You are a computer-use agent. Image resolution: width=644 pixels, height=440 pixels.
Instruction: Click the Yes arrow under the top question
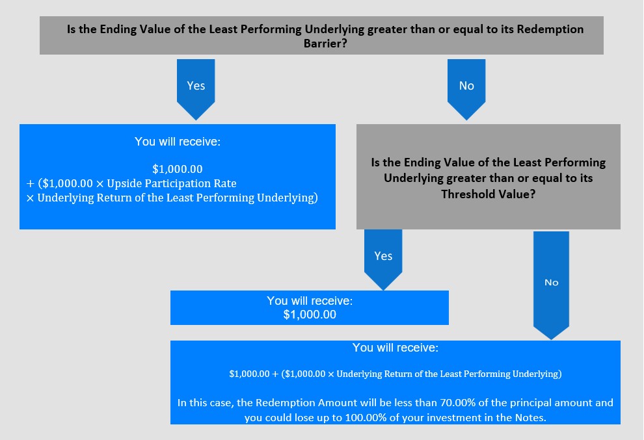(196, 89)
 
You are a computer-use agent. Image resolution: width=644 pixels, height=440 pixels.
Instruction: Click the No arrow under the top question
(466, 89)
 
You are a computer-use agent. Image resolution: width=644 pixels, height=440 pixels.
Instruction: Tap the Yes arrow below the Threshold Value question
(383, 259)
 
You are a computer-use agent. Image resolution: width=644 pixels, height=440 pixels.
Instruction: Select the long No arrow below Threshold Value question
(551, 285)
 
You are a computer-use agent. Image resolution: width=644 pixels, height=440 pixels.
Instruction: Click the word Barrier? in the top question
(325, 44)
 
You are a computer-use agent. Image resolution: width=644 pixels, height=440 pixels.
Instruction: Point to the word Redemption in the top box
(550, 29)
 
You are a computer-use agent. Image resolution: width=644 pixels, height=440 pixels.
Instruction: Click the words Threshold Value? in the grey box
(489, 194)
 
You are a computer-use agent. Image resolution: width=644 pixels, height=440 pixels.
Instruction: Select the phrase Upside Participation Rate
(172, 183)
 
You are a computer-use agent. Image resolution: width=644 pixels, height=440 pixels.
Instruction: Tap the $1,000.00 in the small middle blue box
(310, 315)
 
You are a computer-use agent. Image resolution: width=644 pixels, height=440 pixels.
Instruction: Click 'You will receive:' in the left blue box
(178, 142)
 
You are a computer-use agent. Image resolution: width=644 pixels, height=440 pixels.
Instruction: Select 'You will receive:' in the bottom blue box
(395, 348)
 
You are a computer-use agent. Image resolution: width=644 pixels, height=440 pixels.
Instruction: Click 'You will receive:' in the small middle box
(310, 301)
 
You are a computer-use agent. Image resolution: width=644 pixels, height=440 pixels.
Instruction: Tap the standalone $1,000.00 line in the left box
(178, 169)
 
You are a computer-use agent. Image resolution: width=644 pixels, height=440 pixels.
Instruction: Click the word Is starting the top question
(71, 29)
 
